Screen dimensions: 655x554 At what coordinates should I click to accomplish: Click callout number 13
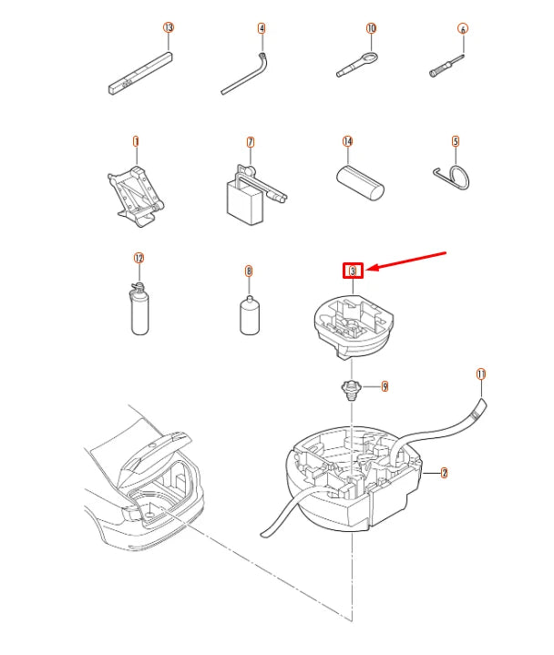tap(168, 28)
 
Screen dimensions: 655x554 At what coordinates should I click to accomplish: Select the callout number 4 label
tap(262, 28)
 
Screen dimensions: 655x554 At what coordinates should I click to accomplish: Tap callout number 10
tap(371, 28)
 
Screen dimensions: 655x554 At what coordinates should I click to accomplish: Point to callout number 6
tap(463, 29)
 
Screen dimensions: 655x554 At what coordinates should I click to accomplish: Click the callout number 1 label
tap(136, 141)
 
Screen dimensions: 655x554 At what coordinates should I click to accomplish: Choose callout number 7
tap(250, 142)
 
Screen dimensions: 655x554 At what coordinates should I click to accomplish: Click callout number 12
tap(139, 258)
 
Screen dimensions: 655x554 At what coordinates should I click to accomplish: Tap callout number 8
tap(248, 271)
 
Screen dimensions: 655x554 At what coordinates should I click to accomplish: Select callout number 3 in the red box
tap(353, 270)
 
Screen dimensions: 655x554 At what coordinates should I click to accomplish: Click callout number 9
tap(385, 386)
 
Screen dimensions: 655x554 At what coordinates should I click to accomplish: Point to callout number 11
tap(481, 374)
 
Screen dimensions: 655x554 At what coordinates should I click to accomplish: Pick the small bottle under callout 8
tap(249, 315)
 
